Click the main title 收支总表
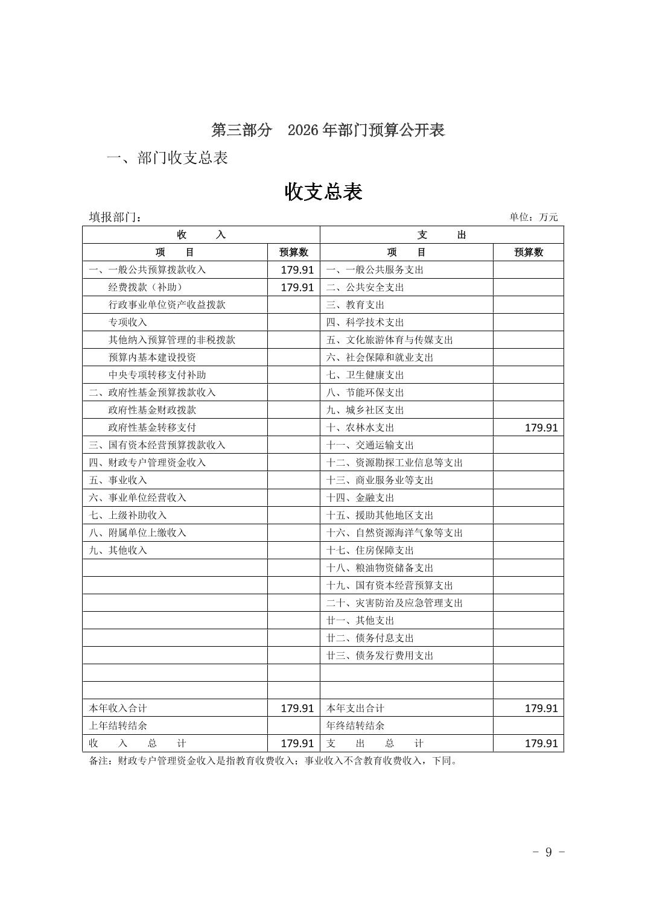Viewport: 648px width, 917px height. pyautogui.click(x=323, y=192)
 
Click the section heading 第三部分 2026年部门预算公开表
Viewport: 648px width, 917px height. pyautogui.click(x=328, y=130)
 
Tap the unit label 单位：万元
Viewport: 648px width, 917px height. pyautogui.click(x=533, y=217)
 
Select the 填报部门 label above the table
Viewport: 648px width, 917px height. pyautogui.click(x=115, y=217)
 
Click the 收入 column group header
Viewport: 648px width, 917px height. pyautogui.click(x=201, y=235)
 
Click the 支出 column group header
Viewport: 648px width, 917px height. pyautogui.click(x=442, y=235)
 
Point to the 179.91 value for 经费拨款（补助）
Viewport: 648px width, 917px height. pyautogui.click(x=297, y=287)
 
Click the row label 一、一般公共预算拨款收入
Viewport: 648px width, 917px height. pyautogui.click(x=147, y=270)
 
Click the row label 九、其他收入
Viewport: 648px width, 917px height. pyautogui.click(x=118, y=550)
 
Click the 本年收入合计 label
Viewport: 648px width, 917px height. pyautogui.click(x=118, y=708)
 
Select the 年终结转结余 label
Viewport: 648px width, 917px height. pyautogui.click(x=355, y=726)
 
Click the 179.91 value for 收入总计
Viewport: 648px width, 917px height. pyautogui.click(x=297, y=743)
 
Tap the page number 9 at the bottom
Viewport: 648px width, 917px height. pyautogui.click(x=548, y=852)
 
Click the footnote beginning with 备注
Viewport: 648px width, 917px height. pyautogui.click(x=273, y=761)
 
